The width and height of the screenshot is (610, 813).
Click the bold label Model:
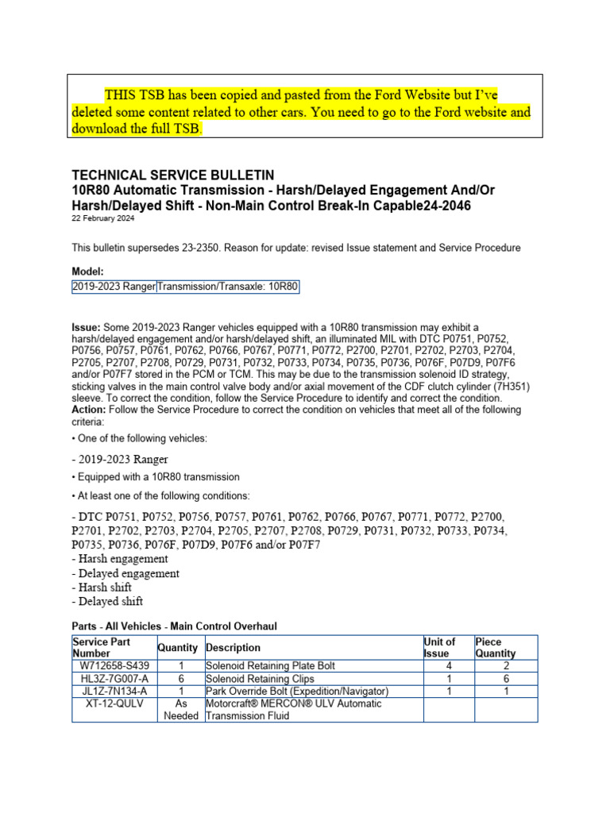[88, 271]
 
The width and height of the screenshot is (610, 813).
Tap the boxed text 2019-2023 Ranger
[114, 286]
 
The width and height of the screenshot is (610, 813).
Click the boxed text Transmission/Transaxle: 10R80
[228, 286]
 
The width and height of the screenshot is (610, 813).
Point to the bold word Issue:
[86, 327]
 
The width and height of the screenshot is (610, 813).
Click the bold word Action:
[89, 410]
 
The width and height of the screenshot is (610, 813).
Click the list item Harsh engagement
[119, 559]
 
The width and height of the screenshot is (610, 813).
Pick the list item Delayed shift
[107, 602]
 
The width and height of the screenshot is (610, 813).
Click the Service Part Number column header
[101, 647]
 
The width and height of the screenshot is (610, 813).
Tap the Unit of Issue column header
[440, 647]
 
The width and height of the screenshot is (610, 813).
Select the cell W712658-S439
[114, 665]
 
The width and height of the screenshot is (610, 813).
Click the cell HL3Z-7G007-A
[114, 679]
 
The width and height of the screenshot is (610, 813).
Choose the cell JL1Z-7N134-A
[114, 692]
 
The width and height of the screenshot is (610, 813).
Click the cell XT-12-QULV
[114, 704]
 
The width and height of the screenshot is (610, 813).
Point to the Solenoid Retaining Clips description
[257, 679]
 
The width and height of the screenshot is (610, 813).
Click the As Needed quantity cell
[181, 710]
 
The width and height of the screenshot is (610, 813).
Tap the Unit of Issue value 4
[448, 665]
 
